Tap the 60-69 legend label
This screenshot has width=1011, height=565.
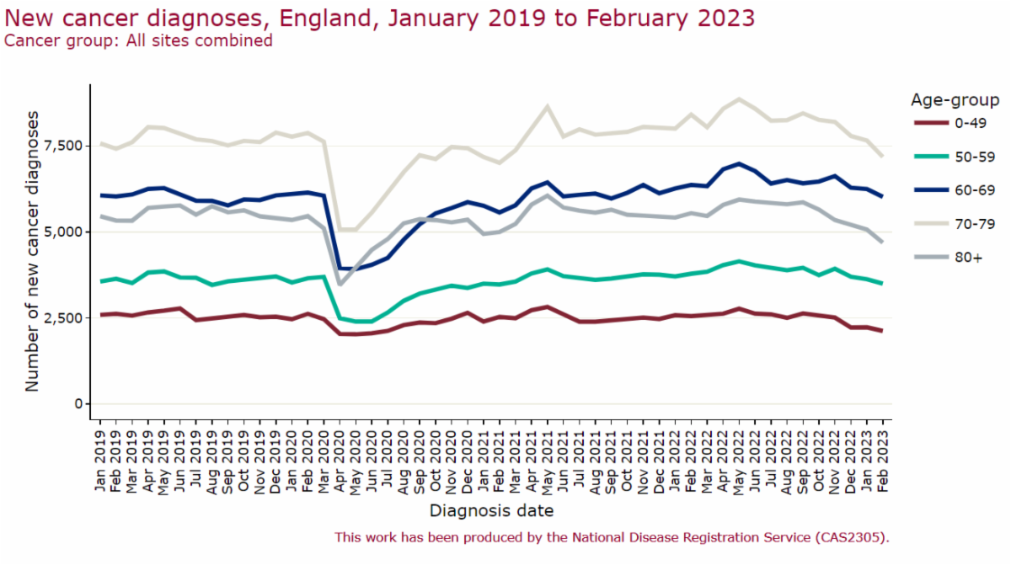975,190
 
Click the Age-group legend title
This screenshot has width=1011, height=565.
955,100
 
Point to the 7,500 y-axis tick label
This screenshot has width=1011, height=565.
64,147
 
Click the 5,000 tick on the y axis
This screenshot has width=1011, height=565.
64,232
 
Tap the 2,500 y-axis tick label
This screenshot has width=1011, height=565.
64,318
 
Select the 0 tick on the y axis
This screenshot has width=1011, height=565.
79,404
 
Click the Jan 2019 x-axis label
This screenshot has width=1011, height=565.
100,460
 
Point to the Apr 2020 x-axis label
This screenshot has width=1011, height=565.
340,461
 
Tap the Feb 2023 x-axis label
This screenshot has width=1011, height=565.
882,461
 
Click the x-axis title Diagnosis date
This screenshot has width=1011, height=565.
491,511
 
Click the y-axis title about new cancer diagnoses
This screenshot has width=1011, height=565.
32,252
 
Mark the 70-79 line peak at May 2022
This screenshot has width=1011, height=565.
739,99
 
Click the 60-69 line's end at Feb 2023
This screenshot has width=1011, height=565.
882,196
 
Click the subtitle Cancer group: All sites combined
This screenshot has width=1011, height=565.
138,41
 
